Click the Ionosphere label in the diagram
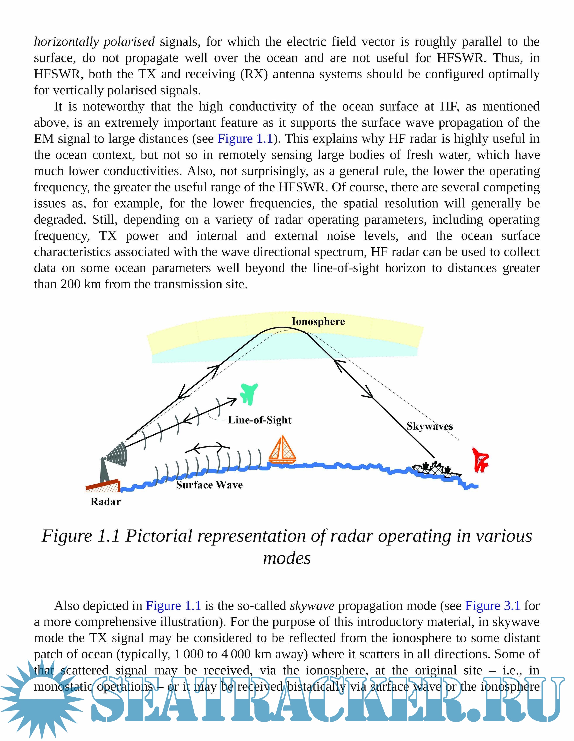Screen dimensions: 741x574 pyautogui.click(x=318, y=321)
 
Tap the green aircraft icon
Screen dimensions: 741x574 pyautogui.click(x=249, y=393)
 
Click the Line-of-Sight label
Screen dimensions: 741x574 pyautogui.click(x=259, y=420)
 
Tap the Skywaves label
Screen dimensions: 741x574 pyautogui.click(x=429, y=426)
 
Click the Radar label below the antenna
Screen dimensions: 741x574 pyautogui.click(x=106, y=502)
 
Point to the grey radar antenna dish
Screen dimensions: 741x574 pyautogui.click(x=117, y=454)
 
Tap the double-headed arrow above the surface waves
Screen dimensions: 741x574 pyautogui.click(x=207, y=448)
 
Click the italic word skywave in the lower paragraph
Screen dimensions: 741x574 pyautogui.click(x=312, y=606)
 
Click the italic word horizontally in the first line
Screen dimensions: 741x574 pyautogui.click(x=66, y=42)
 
